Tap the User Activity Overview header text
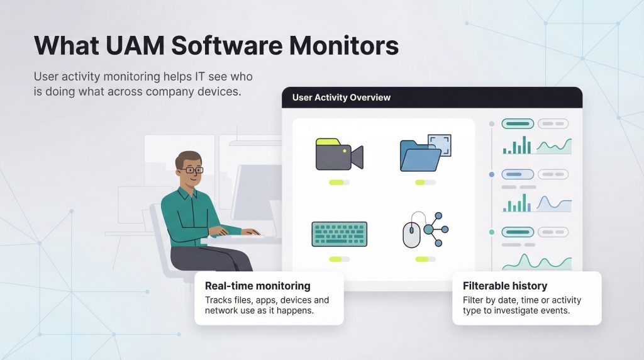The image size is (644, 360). pyautogui.click(x=341, y=98)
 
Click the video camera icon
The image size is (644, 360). pyautogui.click(x=339, y=155)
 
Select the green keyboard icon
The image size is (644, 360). pyautogui.click(x=339, y=233)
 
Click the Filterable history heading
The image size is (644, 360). pyautogui.click(x=505, y=286)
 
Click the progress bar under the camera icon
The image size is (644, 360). pyautogui.click(x=339, y=182)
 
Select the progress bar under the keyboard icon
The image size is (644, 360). pyautogui.click(x=339, y=258)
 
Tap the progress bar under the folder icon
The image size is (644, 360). pyautogui.click(x=425, y=182)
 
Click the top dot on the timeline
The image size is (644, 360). pyautogui.click(x=491, y=123)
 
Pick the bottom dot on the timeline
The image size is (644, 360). pyautogui.click(x=491, y=232)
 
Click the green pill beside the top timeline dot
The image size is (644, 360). pyautogui.click(x=517, y=123)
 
